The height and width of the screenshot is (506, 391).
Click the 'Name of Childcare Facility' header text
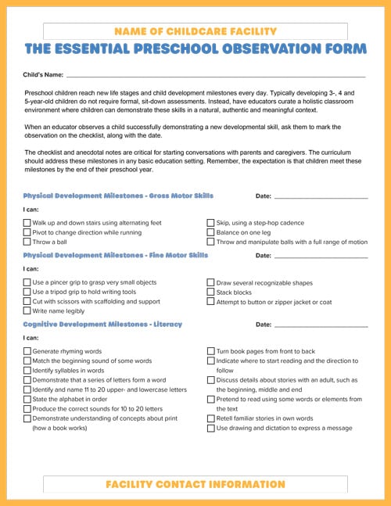pyautogui.click(x=195, y=31)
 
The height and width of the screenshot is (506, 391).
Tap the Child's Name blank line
pyautogui.click(x=215, y=76)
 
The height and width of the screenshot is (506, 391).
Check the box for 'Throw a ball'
pyautogui.click(x=27, y=242)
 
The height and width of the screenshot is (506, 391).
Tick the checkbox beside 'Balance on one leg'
pyautogui.click(x=211, y=232)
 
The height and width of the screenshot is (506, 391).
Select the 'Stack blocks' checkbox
pyautogui.click(x=211, y=292)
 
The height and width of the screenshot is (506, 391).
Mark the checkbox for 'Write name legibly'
pyautogui.click(x=27, y=310)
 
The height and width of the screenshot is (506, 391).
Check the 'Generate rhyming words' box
pyautogui.click(x=27, y=352)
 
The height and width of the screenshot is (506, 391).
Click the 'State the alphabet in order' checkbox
pyautogui.click(x=27, y=399)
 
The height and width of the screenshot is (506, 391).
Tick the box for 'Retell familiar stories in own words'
pyautogui.click(x=211, y=418)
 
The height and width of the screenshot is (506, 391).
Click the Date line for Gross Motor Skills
pyautogui.click(x=321, y=196)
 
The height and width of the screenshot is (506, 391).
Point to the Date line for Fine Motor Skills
pyautogui.click(x=321, y=256)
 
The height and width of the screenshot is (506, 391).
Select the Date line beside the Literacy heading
pyautogui.click(x=321, y=325)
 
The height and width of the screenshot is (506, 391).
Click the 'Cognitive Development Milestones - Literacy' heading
pyautogui.click(x=102, y=324)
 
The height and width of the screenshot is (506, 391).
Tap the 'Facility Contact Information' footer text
pyautogui.click(x=195, y=485)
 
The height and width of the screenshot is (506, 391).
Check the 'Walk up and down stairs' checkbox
pyautogui.click(x=27, y=223)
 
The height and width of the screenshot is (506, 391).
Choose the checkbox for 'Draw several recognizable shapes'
pyautogui.click(x=211, y=282)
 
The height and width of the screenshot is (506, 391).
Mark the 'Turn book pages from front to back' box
pyautogui.click(x=211, y=352)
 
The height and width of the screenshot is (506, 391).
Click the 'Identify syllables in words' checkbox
pyautogui.click(x=27, y=371)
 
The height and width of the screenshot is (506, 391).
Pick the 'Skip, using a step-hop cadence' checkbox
pyautogui.click(x=211, y=223)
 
